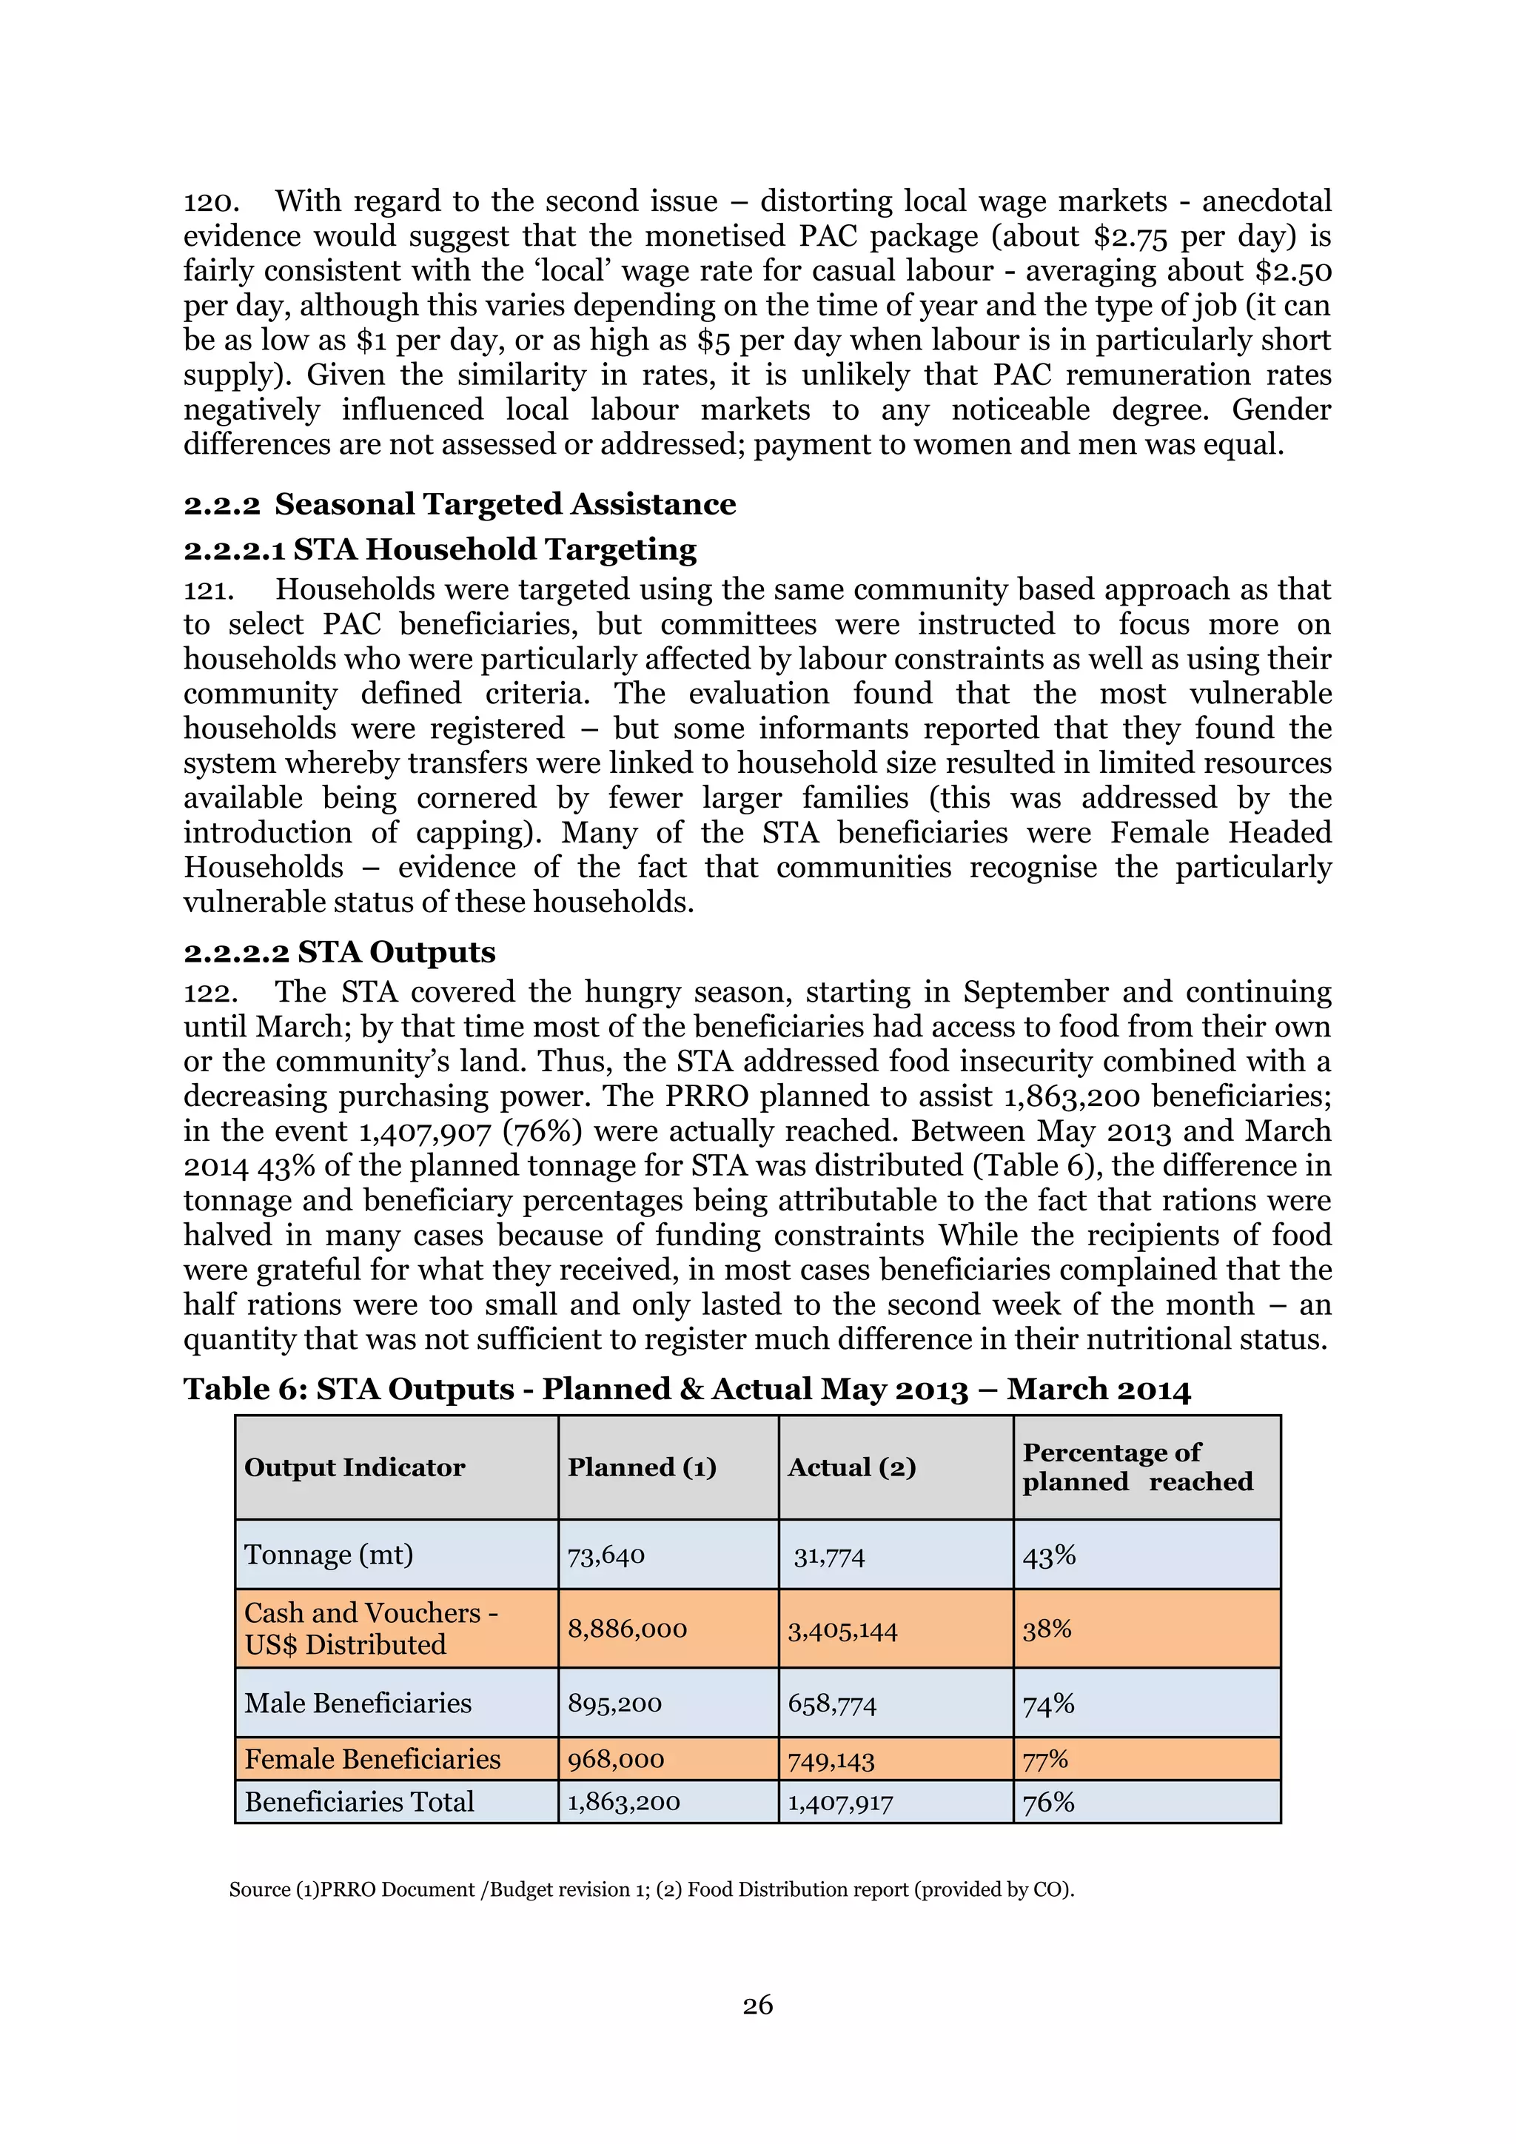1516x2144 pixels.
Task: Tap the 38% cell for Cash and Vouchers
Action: [1047, 1629]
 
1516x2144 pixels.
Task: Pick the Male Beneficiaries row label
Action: [358, 1704]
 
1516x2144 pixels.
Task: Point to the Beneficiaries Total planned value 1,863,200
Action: [623, 1802]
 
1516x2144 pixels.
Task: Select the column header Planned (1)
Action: [643, 1468]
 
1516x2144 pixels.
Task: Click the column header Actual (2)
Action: [851, 1468]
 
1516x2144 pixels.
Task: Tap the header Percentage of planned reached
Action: [1137, 1467]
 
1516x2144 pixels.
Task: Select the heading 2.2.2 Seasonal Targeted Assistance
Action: [459, 504]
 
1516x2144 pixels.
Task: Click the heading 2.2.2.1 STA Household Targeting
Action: [440, 549]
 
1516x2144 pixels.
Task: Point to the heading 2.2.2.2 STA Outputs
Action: [339, 951]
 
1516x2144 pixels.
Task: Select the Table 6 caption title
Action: [686, 1390]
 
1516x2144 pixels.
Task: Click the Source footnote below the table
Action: [651, 1890]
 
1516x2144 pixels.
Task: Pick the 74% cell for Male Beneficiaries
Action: [1048, 1704]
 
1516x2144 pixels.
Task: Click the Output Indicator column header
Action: [354, 1468]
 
